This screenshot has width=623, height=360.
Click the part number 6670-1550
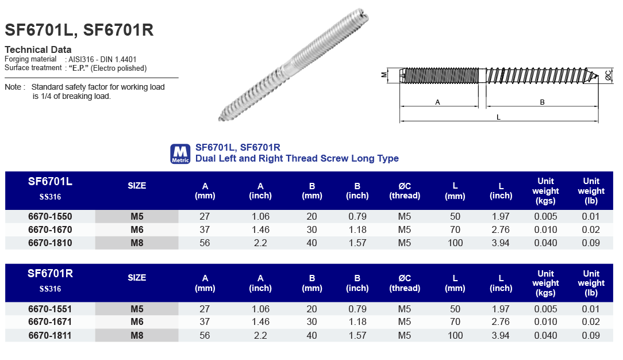tap(50, 217)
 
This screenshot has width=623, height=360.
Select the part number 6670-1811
tap(50, 335)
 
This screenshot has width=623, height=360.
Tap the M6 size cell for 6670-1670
tap(137, 230)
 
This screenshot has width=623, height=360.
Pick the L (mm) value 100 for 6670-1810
tap(455, 243)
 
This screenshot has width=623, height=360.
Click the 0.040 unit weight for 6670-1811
tap(545, 335)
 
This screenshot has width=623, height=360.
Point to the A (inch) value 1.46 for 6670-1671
tap(260, 322)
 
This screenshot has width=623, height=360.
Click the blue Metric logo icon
tap(180, 154)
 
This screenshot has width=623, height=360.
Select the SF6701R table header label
tap(50, 274)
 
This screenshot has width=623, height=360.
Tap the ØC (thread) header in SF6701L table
tap(405, 191)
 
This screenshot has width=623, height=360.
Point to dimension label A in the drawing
tap(437, 102)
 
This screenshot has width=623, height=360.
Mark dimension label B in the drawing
tap(542, 102)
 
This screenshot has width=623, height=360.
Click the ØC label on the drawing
tap(609, 75)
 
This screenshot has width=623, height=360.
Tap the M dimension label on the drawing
tap(384, 75)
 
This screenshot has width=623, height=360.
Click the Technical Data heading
tap(38, 49)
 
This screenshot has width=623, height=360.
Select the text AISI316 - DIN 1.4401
tap(102, 59)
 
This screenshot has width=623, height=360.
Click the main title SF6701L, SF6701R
tap(79, 30)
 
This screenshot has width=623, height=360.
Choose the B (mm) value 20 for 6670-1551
tap(312, 309)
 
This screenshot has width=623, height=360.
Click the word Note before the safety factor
tap(13, 87)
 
